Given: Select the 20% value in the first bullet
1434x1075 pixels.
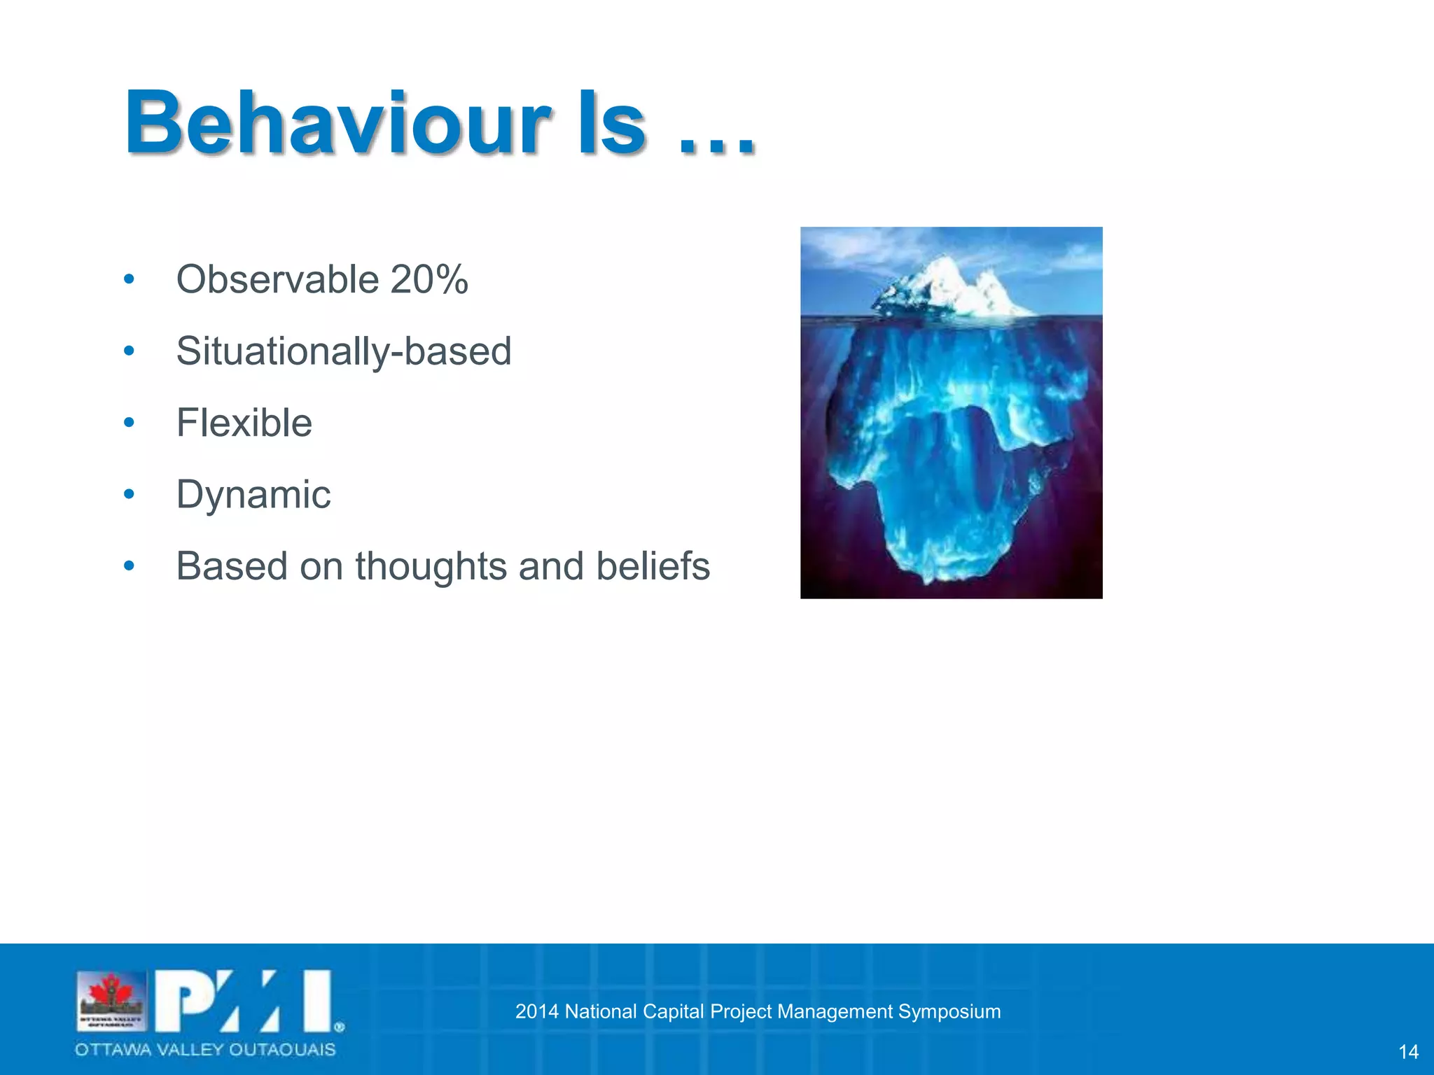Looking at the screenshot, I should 429,279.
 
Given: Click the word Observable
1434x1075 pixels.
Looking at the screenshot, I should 277,279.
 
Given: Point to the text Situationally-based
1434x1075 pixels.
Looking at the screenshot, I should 343,351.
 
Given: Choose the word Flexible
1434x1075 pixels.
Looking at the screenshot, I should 244,423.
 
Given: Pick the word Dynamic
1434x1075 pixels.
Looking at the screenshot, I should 253,494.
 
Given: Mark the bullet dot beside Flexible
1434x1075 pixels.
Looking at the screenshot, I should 129,423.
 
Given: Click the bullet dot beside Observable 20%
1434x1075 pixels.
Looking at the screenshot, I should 129,279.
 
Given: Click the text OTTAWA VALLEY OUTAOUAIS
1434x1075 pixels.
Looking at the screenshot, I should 205,1049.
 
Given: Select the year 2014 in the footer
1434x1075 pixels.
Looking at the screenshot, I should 536,1011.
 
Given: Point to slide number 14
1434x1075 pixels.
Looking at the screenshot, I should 1408,1051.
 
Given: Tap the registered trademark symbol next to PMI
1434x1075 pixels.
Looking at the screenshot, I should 340,1027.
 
